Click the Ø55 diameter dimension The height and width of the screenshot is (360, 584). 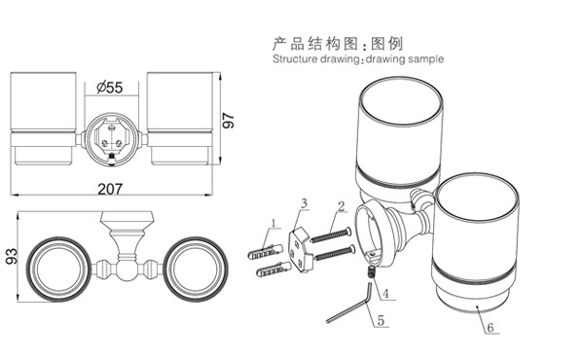tap(109, 88)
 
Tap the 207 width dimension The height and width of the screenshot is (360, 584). tap(110, 189)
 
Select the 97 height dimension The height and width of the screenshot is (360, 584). tap(228, 121)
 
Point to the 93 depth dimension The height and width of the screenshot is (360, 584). tap(11, 257)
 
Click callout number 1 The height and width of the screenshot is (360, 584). tap(274, 224)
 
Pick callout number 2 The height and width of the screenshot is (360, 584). tap(342, 206)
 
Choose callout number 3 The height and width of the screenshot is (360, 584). tap(305, 203)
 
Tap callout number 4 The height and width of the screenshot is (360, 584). tap(385, 294)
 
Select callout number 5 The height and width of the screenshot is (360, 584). tap(381, 320)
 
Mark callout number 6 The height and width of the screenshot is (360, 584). tap(491, 328)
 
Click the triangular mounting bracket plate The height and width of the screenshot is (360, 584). tap(300, 251)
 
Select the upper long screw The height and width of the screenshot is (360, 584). tap(331, 235)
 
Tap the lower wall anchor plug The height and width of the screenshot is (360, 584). tap(274, 270)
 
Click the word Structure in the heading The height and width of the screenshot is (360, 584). tap(295, 59)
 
